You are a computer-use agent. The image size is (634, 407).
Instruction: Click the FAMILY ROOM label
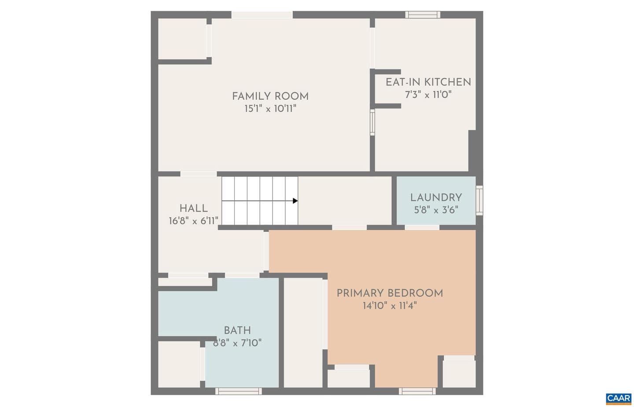[270, 96]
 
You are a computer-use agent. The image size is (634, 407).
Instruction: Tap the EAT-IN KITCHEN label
[428, 82]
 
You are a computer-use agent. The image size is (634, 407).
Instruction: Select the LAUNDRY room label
[436, 198]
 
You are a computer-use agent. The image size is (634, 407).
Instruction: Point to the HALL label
[194, 209]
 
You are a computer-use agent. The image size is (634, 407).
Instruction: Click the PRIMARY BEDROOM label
[390, 293]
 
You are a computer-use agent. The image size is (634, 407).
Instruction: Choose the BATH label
[237, 331]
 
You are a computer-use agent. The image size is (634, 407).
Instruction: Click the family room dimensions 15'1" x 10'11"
[270, 109]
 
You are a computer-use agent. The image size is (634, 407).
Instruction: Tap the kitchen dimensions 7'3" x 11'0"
[428, 94]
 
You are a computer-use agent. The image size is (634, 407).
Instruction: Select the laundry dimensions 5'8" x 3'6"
[436, 210]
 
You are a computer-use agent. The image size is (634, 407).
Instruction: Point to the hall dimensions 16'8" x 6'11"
[194, 221]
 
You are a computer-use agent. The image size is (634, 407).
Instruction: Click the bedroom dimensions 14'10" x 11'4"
[390, 305]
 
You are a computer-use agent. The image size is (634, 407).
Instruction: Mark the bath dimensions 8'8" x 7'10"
[237, 343]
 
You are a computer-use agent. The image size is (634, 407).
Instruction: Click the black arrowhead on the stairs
[295, 201]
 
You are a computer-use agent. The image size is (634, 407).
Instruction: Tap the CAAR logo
[619, 399]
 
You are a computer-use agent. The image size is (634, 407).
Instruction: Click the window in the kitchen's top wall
[423, 15]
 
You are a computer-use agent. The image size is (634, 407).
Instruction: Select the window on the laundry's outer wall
[479, 200]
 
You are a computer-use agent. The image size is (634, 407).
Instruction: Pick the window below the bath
[239, 391]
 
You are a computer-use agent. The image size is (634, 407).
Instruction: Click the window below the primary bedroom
[417, 391]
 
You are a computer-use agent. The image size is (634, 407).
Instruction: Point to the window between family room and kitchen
[372, 122]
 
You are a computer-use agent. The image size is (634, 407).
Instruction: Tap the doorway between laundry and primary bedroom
[422, 228]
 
